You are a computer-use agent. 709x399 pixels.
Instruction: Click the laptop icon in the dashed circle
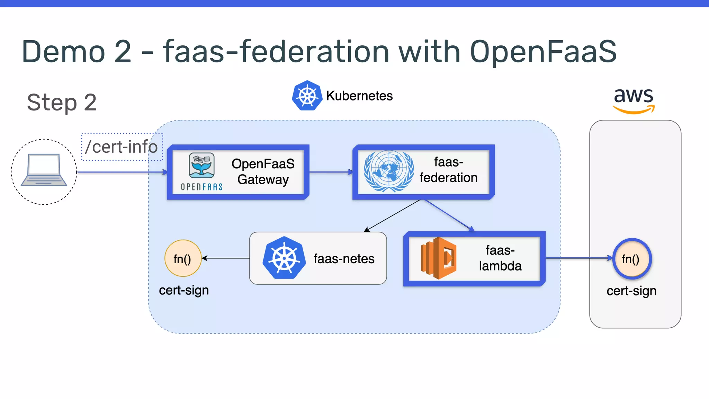click(44, 170)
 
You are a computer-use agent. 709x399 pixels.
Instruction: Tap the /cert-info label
click(122, 147)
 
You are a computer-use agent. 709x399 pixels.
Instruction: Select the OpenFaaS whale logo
click(201, 166)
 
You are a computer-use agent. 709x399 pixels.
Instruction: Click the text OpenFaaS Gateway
click(263, 172)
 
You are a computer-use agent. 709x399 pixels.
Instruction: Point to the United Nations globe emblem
click(389, 171)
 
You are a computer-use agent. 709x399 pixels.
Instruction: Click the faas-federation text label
click(448, 170)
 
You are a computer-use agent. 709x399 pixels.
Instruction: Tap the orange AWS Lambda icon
click(438, 258)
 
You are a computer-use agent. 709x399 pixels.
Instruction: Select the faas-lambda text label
click(500, 258)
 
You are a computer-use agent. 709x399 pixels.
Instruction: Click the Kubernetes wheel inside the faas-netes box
click(284, 258)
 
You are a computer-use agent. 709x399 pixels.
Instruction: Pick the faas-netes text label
click(344, 259)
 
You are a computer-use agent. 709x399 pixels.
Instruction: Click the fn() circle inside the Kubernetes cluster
click(183, 258)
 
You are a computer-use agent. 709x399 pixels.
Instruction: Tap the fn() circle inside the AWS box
click(632, 259)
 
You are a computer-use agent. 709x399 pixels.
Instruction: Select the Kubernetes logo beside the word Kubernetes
click(307, 96)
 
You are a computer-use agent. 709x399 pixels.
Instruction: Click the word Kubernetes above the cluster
click(359, 96)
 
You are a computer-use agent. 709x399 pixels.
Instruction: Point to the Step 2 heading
click(62, 103)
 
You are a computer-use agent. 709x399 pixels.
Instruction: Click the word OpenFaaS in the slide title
click(543, 51)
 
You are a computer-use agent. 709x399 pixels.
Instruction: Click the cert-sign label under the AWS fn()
click(631, 291)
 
